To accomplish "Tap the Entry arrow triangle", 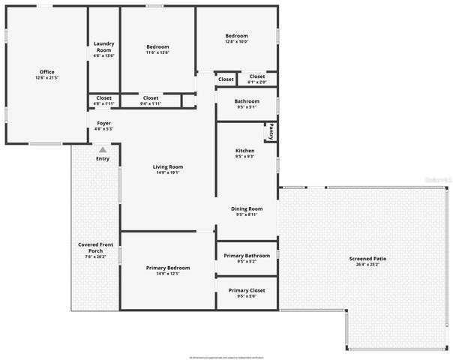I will [102, 150].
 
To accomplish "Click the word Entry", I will [102, 159].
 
